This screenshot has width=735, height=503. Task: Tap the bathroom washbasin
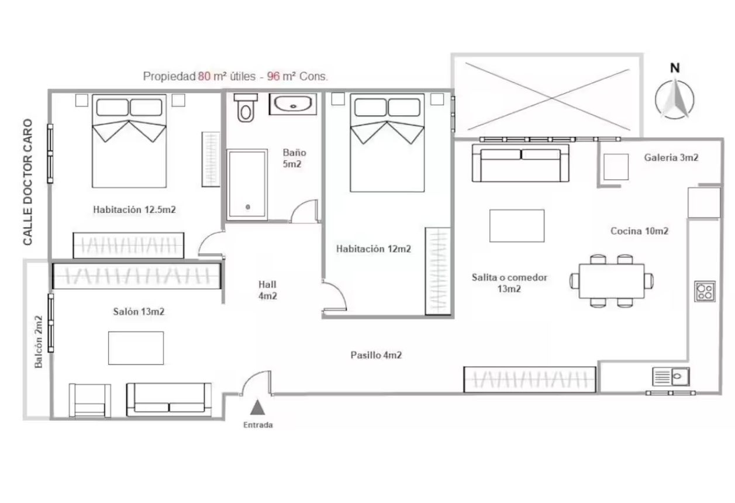pyautogui.click(x=293, y=104)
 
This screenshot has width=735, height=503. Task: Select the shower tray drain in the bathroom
pyautogui.click(x=248, y=207)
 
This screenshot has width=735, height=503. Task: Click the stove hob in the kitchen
pyautogui.click(x=705, y=291)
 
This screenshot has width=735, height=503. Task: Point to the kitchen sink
pyautogui.click(x=671, y=377)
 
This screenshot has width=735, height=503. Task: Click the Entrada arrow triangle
pyautogui.click(x=258, y=407)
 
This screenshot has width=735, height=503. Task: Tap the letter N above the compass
pyautogui.click(x=675, y=68)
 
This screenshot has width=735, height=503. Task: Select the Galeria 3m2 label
pyautogui.click(x=671, y=157)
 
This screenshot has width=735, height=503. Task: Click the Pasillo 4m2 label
pyautogui.click(x=376, y=355)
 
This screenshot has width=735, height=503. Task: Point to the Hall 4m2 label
pyautogui.click(x=267, y=290)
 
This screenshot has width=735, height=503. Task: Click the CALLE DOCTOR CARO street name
pyautogui.click(x=27, y=182)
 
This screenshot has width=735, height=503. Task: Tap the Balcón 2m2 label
pyautogui.click(x=39, y=342)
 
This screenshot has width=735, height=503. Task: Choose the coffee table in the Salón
pyautogui.click(x=136, y=348)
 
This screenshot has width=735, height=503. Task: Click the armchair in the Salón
pyautogui.click(x=89, y=401)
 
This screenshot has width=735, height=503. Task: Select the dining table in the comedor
pyautogui.click(x=612, y=281)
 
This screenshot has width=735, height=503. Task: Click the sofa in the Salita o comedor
pyautogui.click(x=520, y=163)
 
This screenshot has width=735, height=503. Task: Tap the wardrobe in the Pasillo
pyautogui.click(x=530, y=380)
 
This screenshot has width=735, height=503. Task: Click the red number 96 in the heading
pyautogui.click(x=273, y=77)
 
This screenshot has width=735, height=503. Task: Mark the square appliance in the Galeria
pyautogui.click(x=616, y=167)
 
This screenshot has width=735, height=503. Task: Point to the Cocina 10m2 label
pyautogui.click(x=639, y=231)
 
